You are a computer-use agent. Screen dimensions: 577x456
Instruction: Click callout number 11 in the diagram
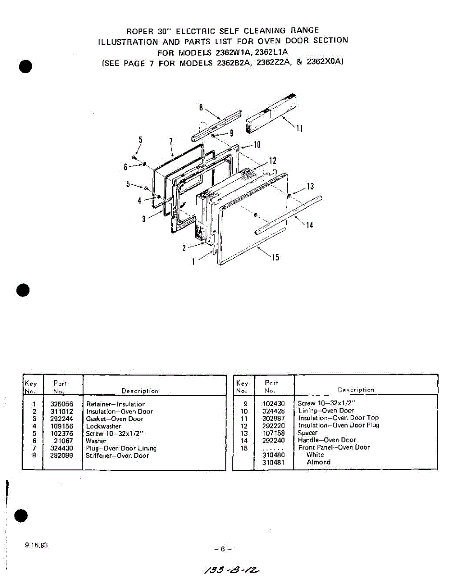click(299, 129)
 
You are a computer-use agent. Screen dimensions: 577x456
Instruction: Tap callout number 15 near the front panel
click(275, 257)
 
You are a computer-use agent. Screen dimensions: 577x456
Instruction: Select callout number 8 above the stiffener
click(201, 107)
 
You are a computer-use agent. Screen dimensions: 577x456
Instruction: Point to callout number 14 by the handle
click(309, 225)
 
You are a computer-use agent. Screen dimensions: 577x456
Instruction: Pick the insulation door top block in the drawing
click(271, 114)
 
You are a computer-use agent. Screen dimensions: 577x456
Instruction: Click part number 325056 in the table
click(62, 404)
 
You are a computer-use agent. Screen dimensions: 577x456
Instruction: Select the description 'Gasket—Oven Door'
click(114, 419)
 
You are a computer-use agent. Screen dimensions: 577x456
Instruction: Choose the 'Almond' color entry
click(318, 462)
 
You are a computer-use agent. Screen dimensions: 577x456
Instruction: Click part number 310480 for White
click(273, 454)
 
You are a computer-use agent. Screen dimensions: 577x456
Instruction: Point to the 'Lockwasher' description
click(103, 426)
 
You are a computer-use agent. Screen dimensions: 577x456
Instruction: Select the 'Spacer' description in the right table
click(307, 433)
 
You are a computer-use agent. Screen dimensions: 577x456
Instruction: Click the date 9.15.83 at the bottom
click(36, 546)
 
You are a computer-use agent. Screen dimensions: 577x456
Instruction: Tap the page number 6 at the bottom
click(223, 549)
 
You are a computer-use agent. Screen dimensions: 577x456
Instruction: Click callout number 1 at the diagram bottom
click(193, 263)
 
